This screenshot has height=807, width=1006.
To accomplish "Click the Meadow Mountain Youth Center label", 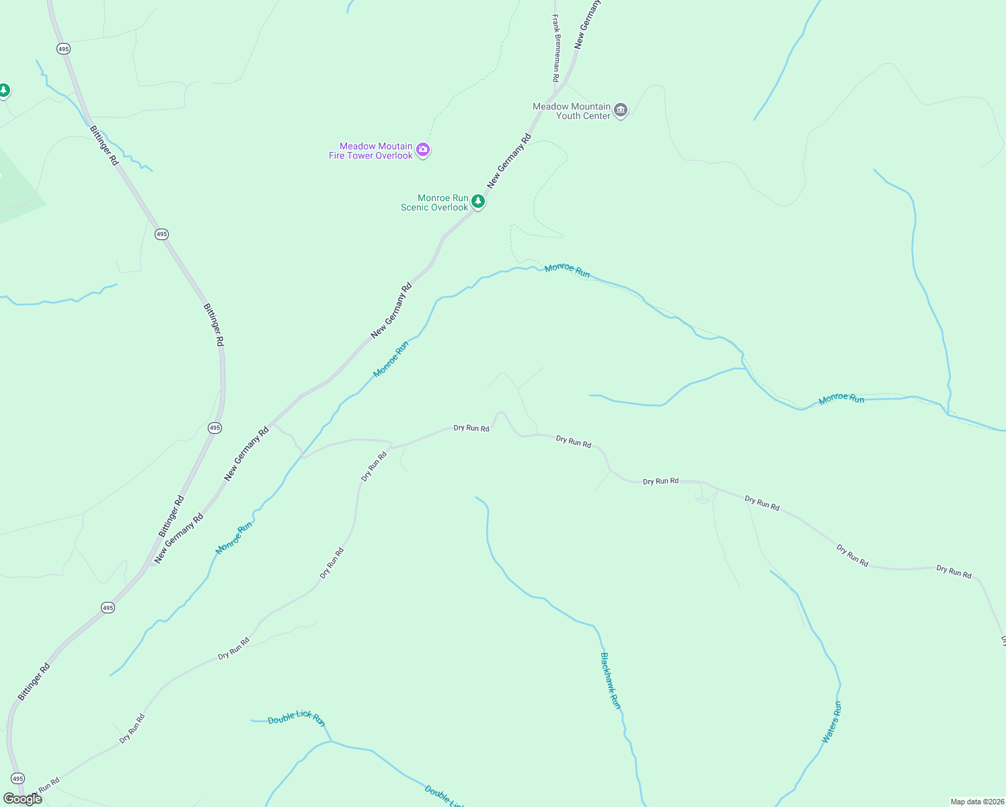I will click(572, 111).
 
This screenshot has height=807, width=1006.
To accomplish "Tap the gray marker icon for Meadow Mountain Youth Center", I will click(621, 110).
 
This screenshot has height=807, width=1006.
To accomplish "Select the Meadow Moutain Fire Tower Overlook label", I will click(371, 151).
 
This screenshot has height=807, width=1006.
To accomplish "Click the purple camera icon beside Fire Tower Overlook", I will click(423, 149).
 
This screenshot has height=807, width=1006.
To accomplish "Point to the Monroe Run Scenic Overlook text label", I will click(434, 202).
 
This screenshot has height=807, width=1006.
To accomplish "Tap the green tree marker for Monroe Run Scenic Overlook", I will click(478, 201).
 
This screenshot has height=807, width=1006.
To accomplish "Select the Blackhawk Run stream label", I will click(611, 681).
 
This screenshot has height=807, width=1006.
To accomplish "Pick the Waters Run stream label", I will click(831, 722).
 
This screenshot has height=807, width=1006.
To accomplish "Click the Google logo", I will click(23, 799).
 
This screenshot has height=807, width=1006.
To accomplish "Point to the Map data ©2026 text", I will click(977, 802).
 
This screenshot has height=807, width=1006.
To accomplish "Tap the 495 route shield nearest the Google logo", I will click(17, 778).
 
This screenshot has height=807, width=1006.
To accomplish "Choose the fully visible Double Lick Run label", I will click(297, 718).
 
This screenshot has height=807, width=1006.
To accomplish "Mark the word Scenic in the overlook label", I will click(416, 207).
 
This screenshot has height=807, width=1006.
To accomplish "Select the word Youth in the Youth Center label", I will click(568, 116).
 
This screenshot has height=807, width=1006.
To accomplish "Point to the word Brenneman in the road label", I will click(556, 51).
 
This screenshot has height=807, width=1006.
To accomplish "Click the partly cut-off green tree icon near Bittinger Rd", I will click(4, 90).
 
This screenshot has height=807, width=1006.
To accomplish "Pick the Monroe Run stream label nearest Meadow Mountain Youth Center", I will click(567, 270).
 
